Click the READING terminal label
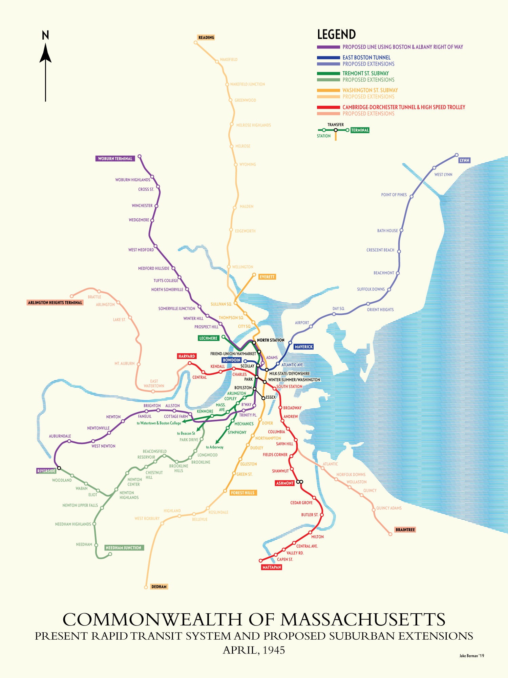206,38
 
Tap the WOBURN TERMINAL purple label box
115,159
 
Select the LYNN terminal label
464,160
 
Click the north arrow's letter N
45,35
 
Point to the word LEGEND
336,35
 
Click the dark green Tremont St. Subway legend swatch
328,74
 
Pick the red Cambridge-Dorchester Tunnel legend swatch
328,107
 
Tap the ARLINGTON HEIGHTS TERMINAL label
55,303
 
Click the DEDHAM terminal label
159,587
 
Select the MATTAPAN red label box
272,567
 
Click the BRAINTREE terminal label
405,530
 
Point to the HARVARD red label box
187,356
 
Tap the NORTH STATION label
271,340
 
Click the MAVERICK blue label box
304,347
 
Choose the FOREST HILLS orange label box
242,493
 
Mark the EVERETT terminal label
267,277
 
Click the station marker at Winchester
156,206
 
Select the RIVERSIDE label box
46,471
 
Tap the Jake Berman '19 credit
471,656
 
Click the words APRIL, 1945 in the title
254,650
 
